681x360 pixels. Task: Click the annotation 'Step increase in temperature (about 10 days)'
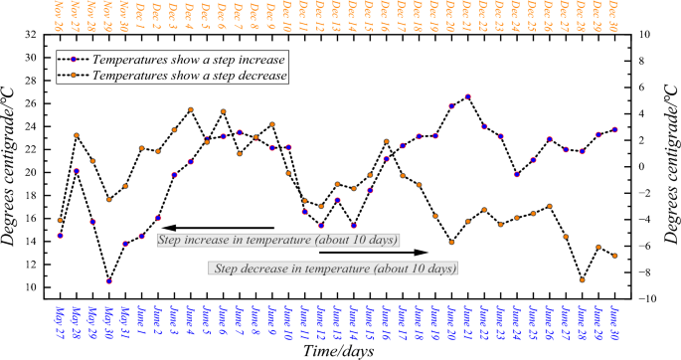click(x=278, y=240)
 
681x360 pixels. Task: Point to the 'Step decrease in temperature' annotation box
click(x=333, y=268)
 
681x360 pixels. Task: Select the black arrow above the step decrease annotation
click(x=374, y=253)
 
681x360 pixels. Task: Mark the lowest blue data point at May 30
click(x=109, y=281)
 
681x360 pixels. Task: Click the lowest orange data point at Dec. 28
click(x=583, y=280)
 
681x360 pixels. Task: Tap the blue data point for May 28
click(x=77, y=171)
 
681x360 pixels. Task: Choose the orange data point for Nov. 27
click(x=77, y=135)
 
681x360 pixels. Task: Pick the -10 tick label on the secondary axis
click(x=645, y=298)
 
